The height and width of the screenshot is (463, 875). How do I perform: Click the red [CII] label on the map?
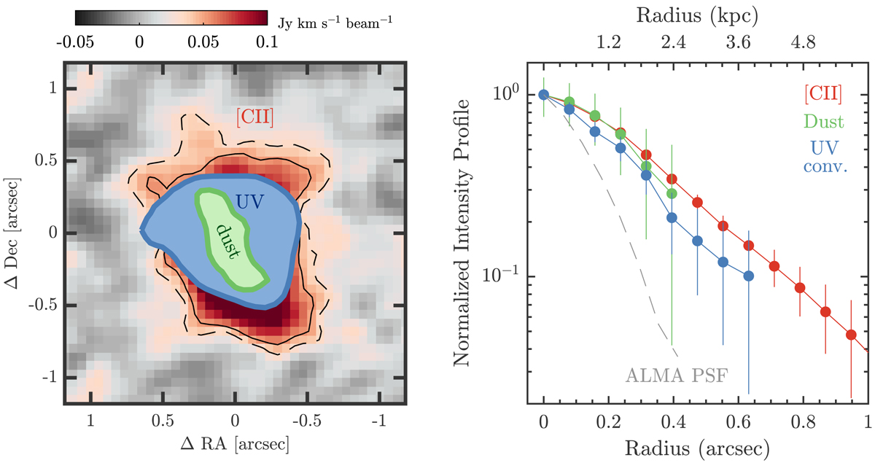[254, 115]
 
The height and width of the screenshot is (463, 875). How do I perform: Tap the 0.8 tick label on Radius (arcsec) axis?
[803, 422]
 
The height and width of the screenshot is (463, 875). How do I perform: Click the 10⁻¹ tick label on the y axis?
[504, 276]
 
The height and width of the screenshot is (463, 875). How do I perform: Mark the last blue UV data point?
[749, 276]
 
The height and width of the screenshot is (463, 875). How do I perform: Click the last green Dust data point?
[672, 193]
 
